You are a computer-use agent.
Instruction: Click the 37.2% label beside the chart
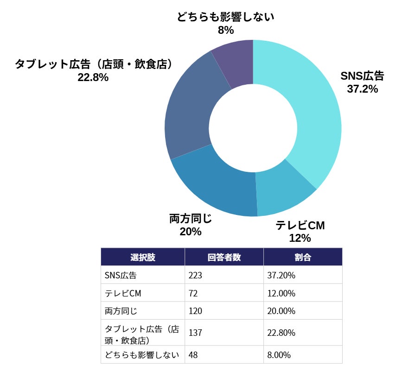(362, 89)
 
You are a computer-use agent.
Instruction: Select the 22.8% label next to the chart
(93, 77)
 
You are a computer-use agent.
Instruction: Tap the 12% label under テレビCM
(300, 238)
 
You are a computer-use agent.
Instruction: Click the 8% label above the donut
(225, 31)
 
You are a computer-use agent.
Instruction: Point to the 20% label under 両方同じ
(191, 231)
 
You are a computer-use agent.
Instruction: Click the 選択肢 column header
(143, 257)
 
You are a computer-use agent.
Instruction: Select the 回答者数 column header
(224, 257)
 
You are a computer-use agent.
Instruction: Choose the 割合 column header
(302, 257)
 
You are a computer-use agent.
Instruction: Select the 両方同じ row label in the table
(121, 311)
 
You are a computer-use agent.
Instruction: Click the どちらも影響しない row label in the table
(142, 355)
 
